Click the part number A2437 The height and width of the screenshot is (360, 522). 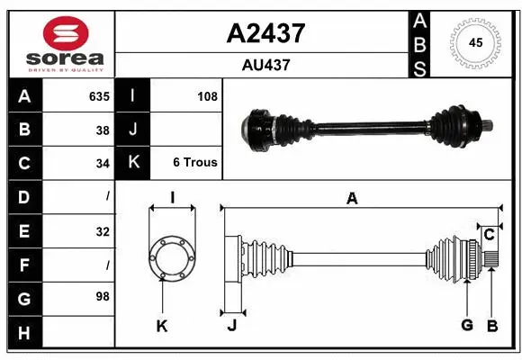tap(265, 33)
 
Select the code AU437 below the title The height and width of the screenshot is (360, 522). tap(265, 65)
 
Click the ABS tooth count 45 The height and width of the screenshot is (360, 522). tap(475, 43)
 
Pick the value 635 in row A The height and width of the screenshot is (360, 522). tap(98, 96)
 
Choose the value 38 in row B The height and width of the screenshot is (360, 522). tap(102, 130)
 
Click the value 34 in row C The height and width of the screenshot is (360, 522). tap(102, 163)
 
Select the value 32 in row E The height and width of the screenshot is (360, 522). tap(102, 230)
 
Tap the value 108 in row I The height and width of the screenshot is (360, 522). tap(207, 96)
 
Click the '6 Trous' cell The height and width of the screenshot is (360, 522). tap(195, 163)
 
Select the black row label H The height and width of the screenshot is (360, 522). tap(23, 332)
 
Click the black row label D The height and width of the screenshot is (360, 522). tap(23, 196)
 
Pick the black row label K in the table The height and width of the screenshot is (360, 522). tap(133, 163)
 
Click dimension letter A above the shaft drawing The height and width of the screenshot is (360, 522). tap(352, 199)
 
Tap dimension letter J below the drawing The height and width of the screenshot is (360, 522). tap(231, 326)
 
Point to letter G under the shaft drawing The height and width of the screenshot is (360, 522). tap(466, 325)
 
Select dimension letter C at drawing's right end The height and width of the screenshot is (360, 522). tap(489, 234)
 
